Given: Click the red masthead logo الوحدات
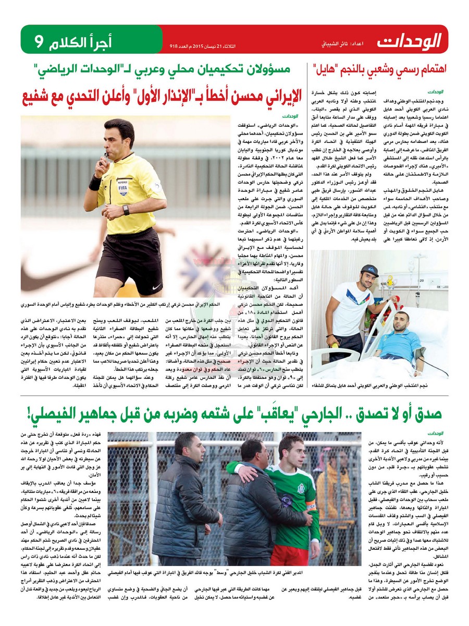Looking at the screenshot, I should pos(410,40).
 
